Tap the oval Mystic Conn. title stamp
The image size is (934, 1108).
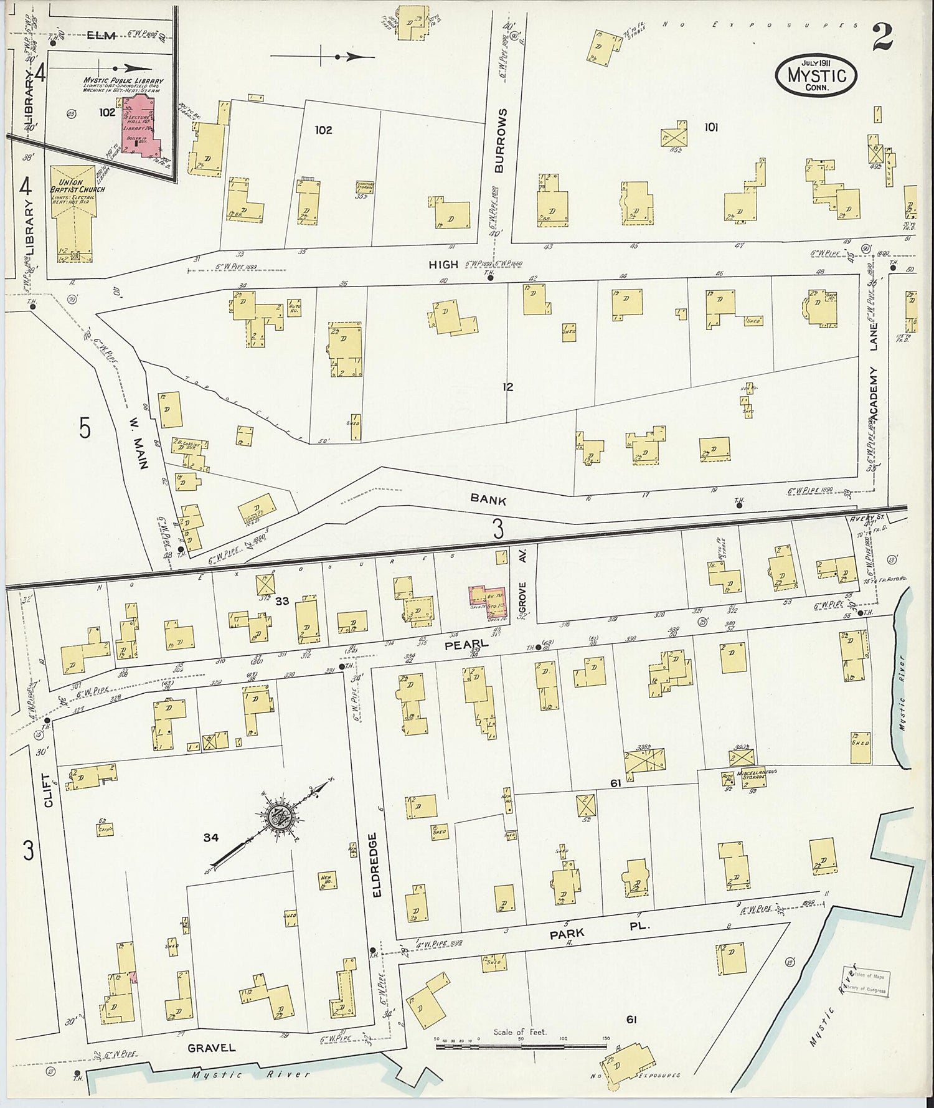[x=816, y=74]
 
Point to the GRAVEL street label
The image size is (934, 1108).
[x=212, y=1047]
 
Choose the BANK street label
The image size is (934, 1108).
[x=488, y=499]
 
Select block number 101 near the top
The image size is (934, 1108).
[x=711, y=127]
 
